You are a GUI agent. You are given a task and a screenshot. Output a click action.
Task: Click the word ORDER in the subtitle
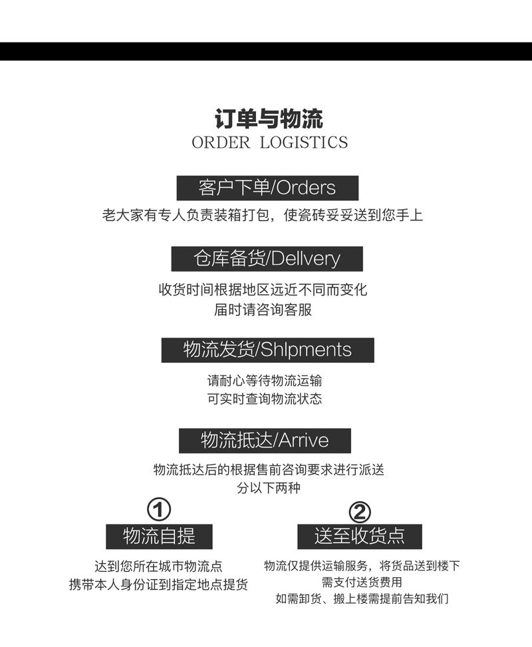[x=220, y=142]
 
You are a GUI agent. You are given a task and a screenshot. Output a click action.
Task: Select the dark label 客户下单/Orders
[x=267, y=188]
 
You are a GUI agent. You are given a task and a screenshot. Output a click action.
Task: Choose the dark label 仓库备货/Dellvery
[x=267, y=258]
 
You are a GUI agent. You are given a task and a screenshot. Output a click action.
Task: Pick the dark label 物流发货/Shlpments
[x=267, y=349]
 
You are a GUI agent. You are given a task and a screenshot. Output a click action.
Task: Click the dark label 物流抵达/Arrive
[x=265, y=440]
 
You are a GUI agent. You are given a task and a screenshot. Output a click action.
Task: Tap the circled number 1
[x=159, y=511]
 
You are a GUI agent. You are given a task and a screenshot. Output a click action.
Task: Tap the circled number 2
[x=360, y=512]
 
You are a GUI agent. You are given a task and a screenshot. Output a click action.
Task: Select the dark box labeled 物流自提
[x=159, y=536]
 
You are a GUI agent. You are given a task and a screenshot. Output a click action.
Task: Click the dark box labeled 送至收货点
[x=360, y=536]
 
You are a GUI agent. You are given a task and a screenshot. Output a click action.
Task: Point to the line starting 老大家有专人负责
[x=263, y=216]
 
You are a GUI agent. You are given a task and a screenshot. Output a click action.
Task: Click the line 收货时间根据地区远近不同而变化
[x=263, y=290]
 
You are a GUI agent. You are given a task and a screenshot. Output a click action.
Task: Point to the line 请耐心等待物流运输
[x=265, y=381]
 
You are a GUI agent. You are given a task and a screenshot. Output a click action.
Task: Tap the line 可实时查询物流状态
[x=265, y=399]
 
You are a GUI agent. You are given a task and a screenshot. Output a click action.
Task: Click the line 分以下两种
[x=269, y=488]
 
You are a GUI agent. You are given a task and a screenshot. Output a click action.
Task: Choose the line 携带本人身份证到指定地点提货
[x=159, y=584]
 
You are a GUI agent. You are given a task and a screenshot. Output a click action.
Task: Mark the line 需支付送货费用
[x=362, y=582]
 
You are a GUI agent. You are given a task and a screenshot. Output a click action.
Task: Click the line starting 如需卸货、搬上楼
[x=362, y=598]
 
